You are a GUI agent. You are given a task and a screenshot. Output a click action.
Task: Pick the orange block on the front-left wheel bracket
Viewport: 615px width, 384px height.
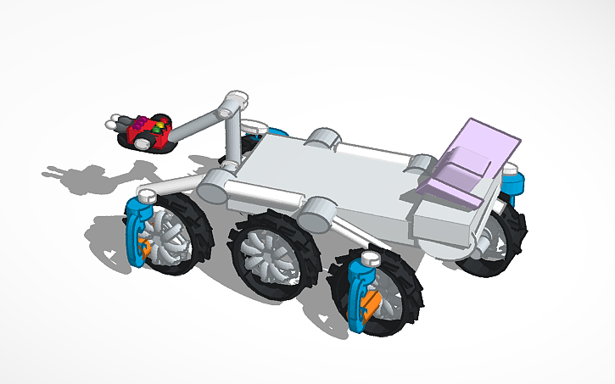(145, 248)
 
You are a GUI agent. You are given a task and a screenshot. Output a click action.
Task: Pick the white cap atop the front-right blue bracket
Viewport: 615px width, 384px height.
(370, 257)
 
